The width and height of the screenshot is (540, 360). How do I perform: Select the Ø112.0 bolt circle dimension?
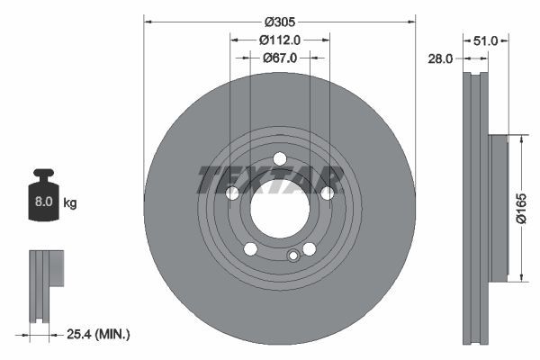(279, 40)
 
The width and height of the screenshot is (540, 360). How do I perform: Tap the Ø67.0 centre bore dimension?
(279, 58)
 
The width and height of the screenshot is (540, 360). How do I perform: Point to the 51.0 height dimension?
(486, 40)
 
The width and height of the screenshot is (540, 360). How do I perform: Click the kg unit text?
(70, 203)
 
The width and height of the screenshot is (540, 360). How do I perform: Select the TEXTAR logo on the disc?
(270, 179)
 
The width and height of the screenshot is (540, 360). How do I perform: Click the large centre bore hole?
(279, 211)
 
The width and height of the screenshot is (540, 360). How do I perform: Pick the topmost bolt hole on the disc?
(279, 159)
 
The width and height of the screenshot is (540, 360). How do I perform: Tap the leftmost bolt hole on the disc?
(231, 193)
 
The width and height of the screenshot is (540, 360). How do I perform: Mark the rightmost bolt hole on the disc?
(327, 193)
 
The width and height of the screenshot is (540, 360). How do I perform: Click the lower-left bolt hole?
(250, 249)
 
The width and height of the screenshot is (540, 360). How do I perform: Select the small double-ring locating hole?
(292, 256)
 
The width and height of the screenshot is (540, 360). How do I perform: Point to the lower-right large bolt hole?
(309, 249)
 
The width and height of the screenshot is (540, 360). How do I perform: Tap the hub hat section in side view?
(499, 208)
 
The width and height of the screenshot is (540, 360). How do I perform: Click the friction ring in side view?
(473, 207)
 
